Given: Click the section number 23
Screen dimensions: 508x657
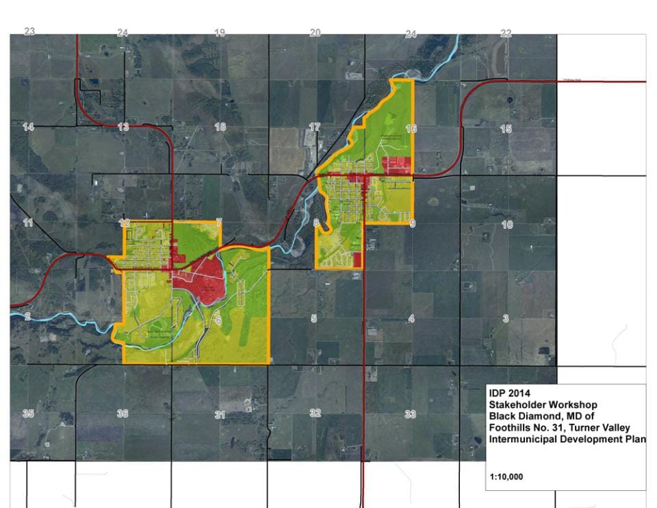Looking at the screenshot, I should click(x=29, y=31).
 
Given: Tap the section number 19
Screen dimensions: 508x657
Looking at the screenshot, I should click(x=220, y=33).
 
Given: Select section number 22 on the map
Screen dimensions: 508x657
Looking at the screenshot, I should click(x=506, y=34).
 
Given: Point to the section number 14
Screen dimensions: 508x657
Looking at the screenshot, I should click(x=28, y=127).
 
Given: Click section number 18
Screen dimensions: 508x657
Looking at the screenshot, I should click(x=220, y=127).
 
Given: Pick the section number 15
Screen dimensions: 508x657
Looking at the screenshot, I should click(x=506, y=129).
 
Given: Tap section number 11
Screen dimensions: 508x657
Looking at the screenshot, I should click(x=28, y=223).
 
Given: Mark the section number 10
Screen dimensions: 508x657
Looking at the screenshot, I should click(x=507, y=225).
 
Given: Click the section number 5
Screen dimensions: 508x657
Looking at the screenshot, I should click(x=314, y=318).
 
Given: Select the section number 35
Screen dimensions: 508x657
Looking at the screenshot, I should click(x=28, y=414).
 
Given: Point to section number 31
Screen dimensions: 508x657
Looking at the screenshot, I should click(x=220, y=415).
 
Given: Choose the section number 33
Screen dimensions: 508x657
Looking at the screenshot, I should click(x=411, y=414).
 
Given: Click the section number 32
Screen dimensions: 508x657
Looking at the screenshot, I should click(x=315, y=414).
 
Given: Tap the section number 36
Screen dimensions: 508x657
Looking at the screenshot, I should click(x=123, y=414).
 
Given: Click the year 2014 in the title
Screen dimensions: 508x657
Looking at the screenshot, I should click(x=518, y=394).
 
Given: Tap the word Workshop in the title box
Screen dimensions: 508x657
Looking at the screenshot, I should click(x=571, y=405).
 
